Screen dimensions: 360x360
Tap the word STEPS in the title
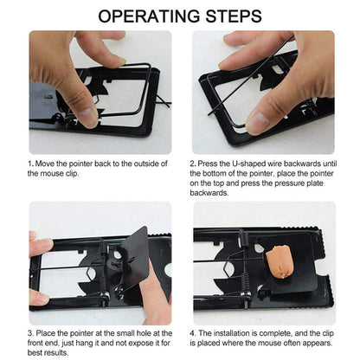pos(228,16)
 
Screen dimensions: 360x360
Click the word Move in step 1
pos(47,163)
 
